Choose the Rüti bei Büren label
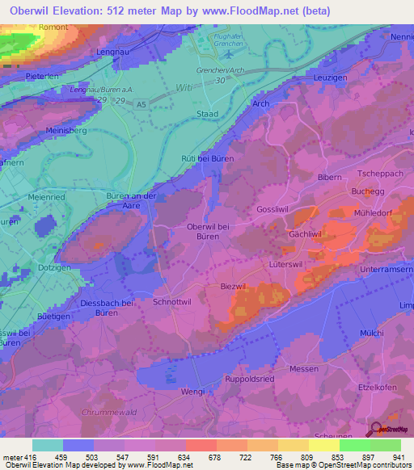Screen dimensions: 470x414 point(208,158)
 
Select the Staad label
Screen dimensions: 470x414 point(208,115)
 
